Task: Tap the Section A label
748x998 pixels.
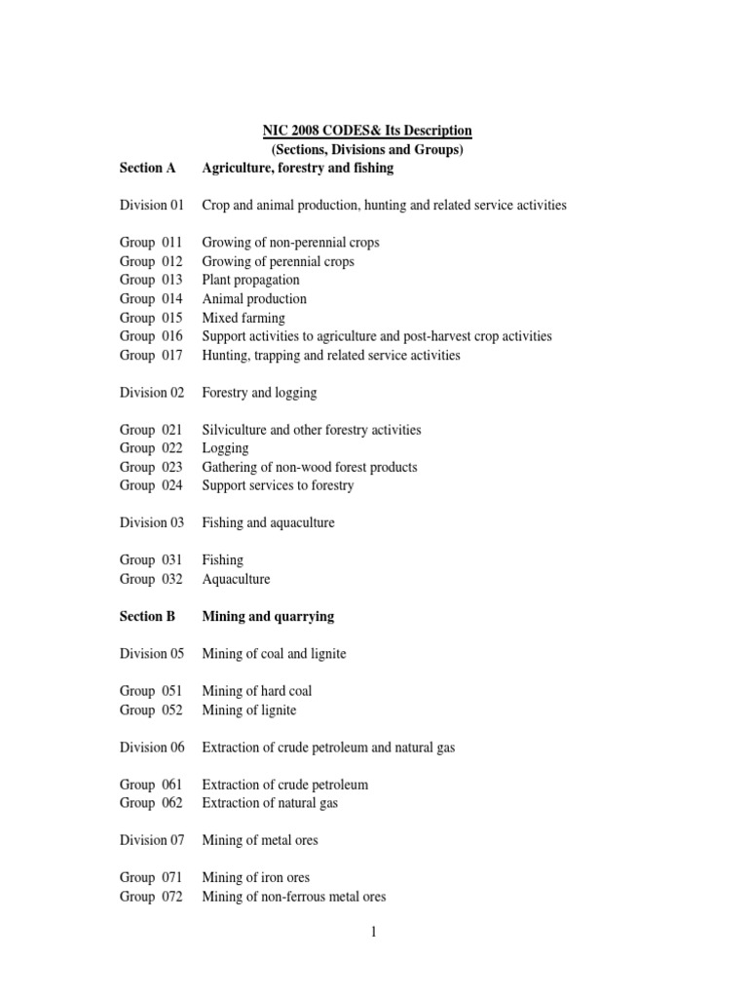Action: click(147, 168)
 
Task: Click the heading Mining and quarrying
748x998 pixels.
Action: click(268, 616)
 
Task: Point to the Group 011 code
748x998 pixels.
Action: click(151, 243)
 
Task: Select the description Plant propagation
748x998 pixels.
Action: click(250, 280)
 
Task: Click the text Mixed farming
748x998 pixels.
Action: click(243, 318)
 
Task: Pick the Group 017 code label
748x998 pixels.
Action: click(151, 355)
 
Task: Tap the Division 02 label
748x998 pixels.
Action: click(151, 393)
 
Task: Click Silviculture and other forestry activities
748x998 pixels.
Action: click(313, 430)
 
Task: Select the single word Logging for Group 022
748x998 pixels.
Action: click(225, 448)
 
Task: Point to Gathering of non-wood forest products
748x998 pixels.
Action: click(309, 467)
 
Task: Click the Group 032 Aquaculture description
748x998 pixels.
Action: click(236, 579)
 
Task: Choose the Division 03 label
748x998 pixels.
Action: click(151, 522)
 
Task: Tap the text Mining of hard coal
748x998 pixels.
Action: click(256, 691)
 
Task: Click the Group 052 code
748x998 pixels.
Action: click(151, 710)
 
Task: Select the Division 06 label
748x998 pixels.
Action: click(151, 748)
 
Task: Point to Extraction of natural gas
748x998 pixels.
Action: click(270, 803)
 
